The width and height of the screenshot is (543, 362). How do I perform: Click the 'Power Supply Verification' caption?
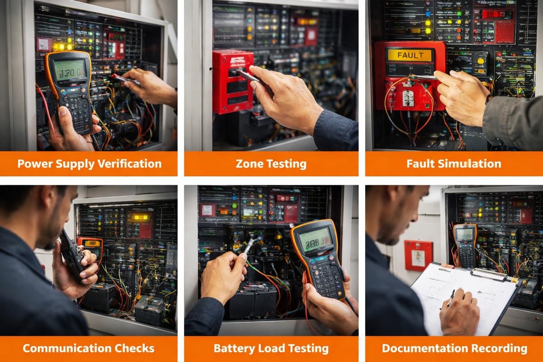(x=89, y=163)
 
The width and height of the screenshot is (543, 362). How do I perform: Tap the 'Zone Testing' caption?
(x=271, y=163)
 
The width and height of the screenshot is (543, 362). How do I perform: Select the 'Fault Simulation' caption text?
(x=453, y=163)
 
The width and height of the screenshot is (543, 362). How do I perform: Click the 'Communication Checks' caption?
(x=89, y=348)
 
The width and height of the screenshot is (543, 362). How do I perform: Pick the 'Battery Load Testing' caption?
(x=271, y=348)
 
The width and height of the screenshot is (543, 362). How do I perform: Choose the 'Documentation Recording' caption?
(x=454, y=348)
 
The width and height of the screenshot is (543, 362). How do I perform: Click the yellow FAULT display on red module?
(x=409, y=56)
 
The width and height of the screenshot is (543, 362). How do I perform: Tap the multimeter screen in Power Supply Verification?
(x=70, y=70)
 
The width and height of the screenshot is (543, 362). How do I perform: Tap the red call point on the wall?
(x=418, y=255)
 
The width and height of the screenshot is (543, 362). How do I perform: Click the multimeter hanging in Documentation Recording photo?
(x=465, y=244)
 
